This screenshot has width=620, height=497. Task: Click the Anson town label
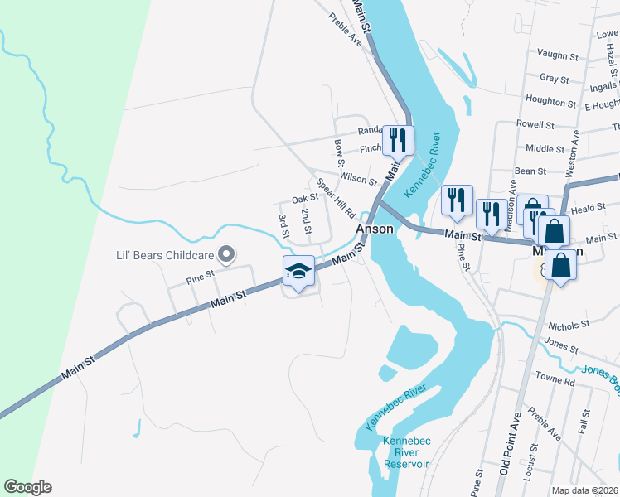[x=374, y=229]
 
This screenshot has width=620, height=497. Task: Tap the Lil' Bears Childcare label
[x=164, y=255]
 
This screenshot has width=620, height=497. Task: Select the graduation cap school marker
[x=298, y=272]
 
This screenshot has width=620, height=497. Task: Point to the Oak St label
[x=304, y=199]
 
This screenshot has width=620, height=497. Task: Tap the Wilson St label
[x=358, y=178]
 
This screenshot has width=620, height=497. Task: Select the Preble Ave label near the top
[x=346, y=29]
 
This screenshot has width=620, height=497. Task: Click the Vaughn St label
[x=557, y=55]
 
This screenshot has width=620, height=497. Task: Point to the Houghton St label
[x=550, y=103]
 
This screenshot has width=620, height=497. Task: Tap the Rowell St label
[x=535, y=124]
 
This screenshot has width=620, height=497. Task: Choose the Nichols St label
[x=568, y=324]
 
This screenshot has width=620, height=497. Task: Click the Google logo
[x=27, y=487]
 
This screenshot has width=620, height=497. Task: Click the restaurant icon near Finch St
[x=398, y=141]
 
